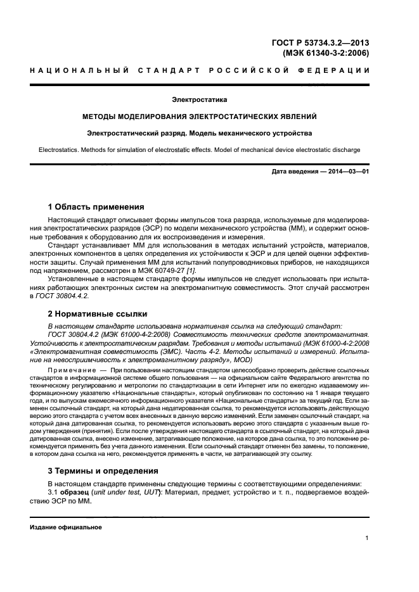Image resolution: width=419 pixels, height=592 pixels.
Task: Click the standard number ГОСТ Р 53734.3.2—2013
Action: click(x=320, y=43)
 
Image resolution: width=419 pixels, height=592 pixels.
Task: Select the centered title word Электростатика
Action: click(x=200, y=100)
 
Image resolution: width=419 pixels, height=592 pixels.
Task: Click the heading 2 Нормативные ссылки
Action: click(x=98, y=313)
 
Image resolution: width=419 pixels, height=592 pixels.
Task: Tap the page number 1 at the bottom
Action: click(x=367, y=538)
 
